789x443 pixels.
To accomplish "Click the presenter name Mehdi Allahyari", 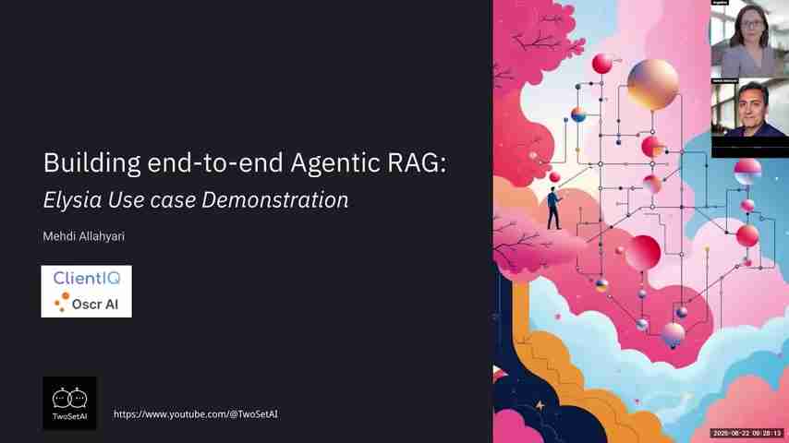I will click(83, 236).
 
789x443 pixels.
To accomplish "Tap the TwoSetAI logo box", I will click(69, 402).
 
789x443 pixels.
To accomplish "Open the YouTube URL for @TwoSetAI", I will click(195, 414).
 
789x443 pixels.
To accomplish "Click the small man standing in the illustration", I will click(553, 208).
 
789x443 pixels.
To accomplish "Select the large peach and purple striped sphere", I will click(652, 84).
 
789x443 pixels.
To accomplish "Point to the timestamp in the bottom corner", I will click(747, 434).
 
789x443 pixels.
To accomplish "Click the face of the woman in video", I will click(749, 27).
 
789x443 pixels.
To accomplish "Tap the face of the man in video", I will click(752, 103).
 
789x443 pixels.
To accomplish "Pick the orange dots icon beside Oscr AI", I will click(62, 302).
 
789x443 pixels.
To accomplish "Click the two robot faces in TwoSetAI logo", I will click(69, 399).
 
